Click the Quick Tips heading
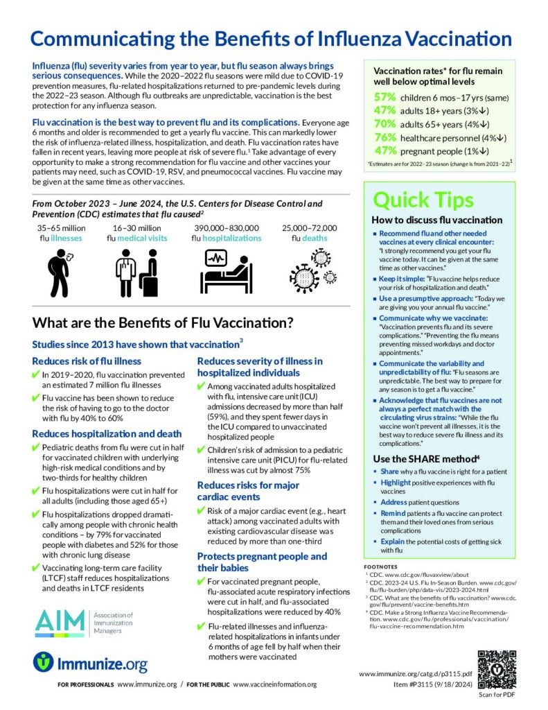(x=424, y=199)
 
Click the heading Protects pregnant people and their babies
(x=262, y=562)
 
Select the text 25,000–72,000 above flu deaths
(x=309, y=227)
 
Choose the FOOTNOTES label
(x=382, y=565)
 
